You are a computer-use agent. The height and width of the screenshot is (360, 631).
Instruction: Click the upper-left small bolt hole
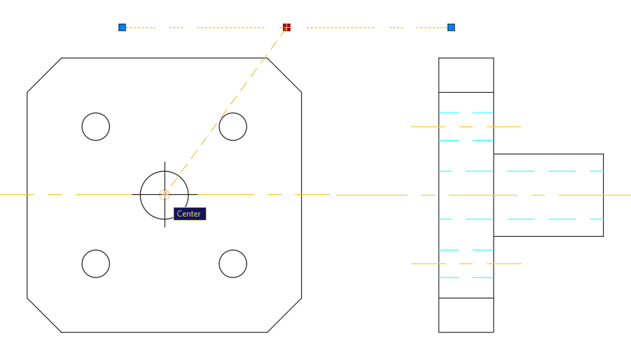click(95, 127)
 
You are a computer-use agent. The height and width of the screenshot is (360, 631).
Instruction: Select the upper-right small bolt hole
click(233, 127)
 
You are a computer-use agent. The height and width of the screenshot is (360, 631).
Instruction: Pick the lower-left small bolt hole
click(95, 263)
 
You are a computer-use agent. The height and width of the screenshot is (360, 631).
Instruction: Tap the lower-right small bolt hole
click(233, 263)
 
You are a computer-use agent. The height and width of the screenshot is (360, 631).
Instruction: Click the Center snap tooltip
click(190, 214)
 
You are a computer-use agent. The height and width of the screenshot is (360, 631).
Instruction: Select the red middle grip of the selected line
click(286, 27)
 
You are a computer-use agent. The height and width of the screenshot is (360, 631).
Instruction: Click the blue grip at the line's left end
click(122, 27)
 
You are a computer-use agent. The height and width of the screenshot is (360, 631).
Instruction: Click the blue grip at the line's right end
click(451, 27)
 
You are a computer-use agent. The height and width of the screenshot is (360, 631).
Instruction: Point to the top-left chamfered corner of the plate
click(44, 75)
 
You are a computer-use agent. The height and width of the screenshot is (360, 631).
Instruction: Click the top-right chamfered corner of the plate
click(284, 75)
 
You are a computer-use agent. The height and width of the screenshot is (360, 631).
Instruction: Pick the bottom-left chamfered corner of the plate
click(44, 315)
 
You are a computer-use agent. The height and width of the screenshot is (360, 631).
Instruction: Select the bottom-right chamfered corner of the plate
click(284, 315)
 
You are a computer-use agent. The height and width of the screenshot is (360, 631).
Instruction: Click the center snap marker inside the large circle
click(165, 195)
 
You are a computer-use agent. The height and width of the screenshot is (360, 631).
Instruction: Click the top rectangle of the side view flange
click(466, 75)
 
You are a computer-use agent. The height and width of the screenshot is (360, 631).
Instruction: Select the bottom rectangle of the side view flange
click(466, 315)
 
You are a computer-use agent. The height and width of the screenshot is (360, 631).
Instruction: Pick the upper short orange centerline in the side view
click(466, 127)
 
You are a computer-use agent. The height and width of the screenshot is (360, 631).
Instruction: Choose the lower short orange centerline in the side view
click(466, 263)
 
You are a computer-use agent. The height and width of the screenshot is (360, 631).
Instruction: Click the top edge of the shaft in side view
click(548, 154)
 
